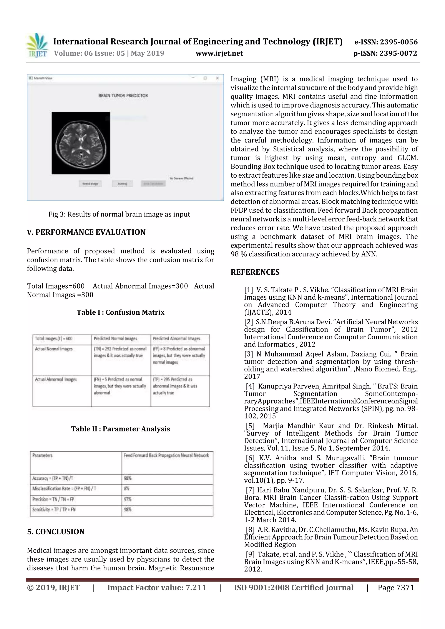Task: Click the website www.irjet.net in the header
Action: point(219,53)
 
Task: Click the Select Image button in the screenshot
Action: point(90,183)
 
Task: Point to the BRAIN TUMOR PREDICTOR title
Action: point(123,96)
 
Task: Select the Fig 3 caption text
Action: point(119,214)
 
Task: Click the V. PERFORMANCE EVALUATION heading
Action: point(86,232)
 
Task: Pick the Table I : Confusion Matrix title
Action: point(120,312)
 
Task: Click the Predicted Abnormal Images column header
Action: point(176,339)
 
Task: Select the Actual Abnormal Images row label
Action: point(56,380)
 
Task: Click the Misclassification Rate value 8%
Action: point(126,489)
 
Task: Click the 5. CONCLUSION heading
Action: point(56,532)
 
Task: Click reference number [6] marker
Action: point(250,458)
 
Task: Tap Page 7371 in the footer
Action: point(396,588)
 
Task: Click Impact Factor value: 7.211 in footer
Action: point(157,588)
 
